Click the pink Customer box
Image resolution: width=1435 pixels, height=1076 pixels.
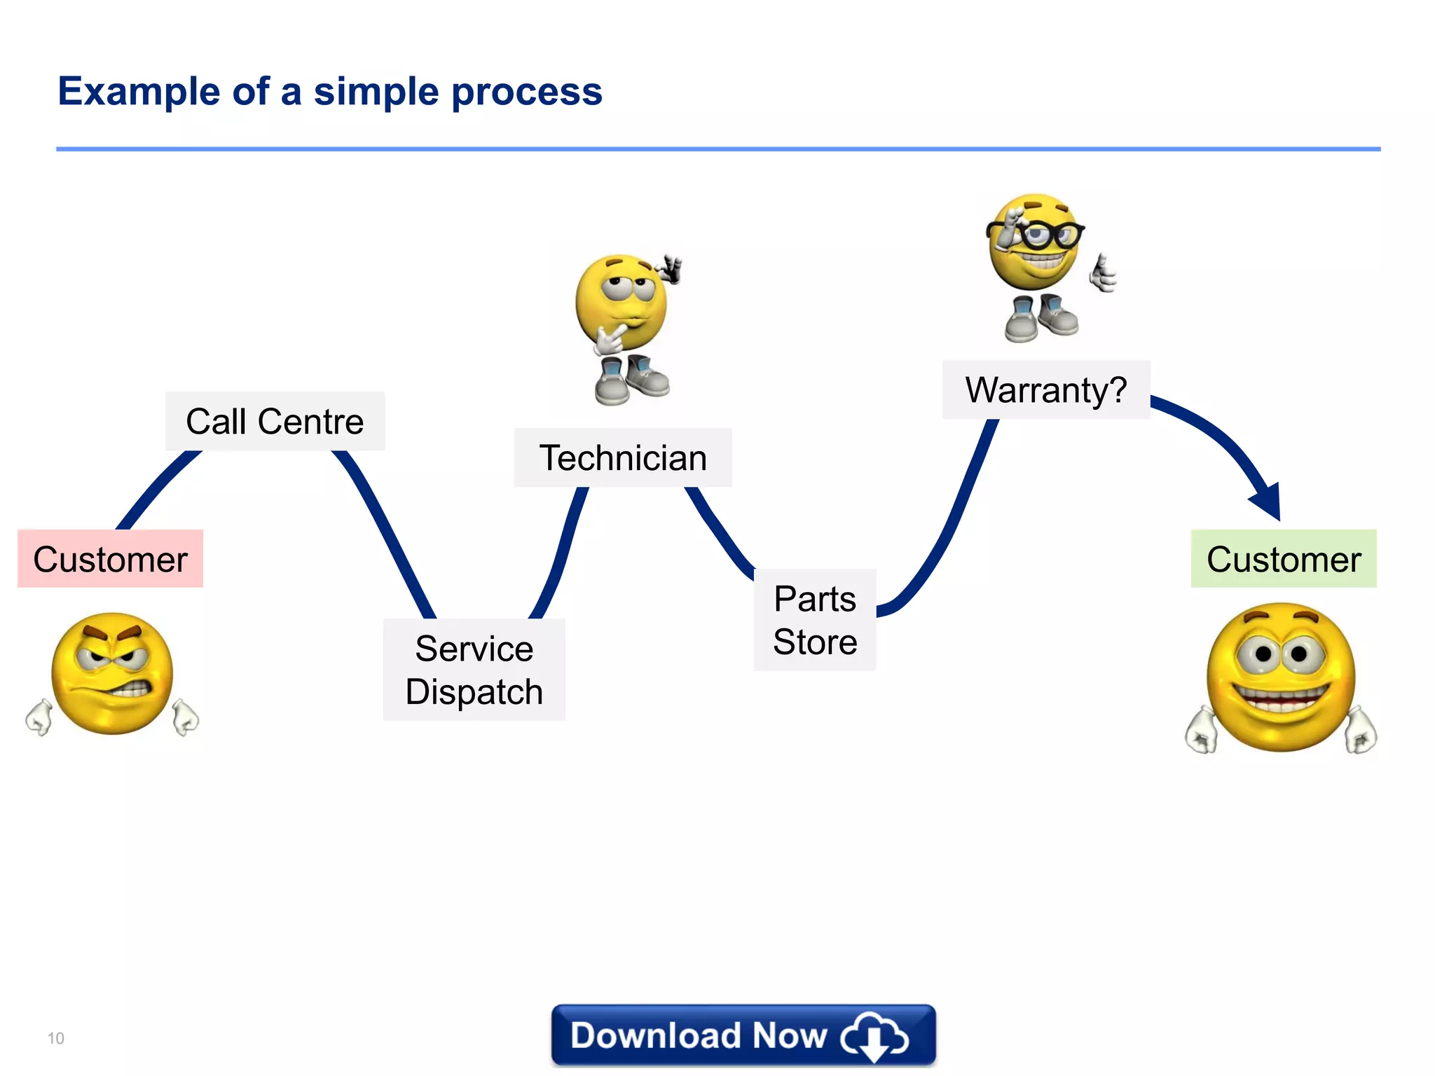click(110, 558)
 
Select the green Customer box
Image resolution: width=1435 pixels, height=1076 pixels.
click(1283, 558)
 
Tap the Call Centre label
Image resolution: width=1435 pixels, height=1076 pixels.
click(275, 421)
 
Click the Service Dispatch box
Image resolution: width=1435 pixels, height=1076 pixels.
click(474, 669)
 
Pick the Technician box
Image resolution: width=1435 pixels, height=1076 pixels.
click(622, 457)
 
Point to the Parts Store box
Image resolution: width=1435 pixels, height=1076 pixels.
click(814, 620)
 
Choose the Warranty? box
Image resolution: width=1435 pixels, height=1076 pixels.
click(1045, 389)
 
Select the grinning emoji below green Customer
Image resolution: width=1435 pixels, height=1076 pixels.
click(1281, 677)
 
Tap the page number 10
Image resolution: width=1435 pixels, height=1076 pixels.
click(55, 1038)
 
